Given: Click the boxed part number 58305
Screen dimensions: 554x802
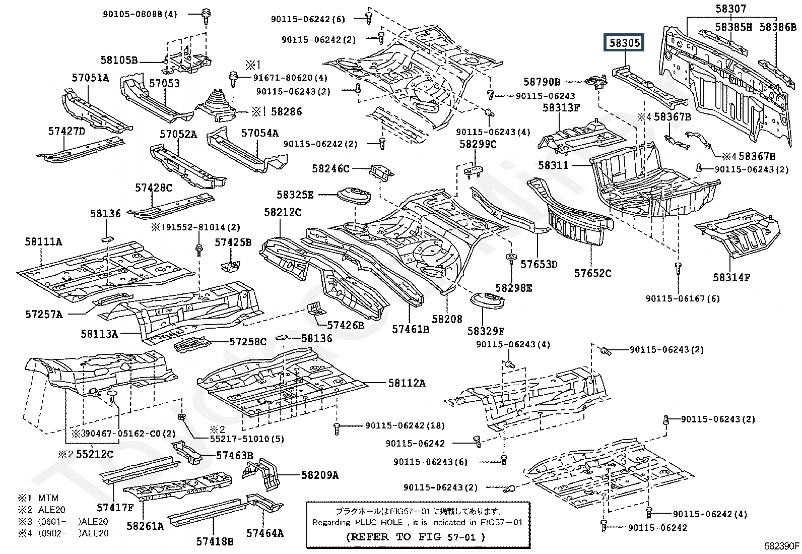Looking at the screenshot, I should coord(625,43).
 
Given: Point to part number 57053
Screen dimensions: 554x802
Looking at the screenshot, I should coord(164,83).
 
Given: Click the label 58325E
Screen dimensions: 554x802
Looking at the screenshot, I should coord(295,195).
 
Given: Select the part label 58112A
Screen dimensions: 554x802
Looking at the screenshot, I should coord(407,383).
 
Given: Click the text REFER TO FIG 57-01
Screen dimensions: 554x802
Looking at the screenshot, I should coord(416,537).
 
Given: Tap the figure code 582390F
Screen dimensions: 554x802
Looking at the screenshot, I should coord(781,545).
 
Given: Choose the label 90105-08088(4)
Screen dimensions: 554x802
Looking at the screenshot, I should coord(140,15).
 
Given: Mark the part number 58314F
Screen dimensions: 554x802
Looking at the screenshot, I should coord(731,277).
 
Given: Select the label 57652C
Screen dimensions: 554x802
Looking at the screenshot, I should coord(592,273).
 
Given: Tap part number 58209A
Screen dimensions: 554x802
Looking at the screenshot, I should coord(320,474).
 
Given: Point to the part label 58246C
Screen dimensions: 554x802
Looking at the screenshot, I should coord(330,169).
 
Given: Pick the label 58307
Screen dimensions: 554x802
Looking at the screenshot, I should coord(730,9).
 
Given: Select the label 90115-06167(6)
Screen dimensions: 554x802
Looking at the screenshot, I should coord(683,298).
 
